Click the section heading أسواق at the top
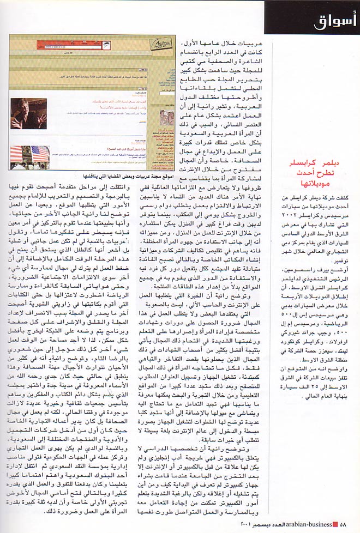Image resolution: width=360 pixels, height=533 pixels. pyautogui.click(x=336, y=21)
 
